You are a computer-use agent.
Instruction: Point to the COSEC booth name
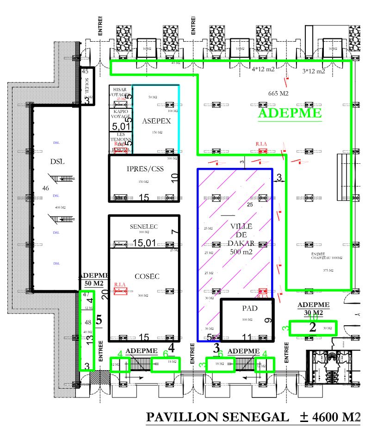[147, 276]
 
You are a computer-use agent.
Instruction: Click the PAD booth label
[249, 308]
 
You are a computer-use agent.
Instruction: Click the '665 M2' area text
[278, 93]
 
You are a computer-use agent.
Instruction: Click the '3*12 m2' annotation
[314, 71]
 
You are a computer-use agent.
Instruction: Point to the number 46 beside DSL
[45, 188]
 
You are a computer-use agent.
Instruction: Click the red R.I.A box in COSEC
[120, 291]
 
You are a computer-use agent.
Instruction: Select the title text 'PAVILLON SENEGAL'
[216, 417]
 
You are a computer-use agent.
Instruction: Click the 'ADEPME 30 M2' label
[313, 309]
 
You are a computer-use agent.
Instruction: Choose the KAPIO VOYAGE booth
[120, 115]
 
